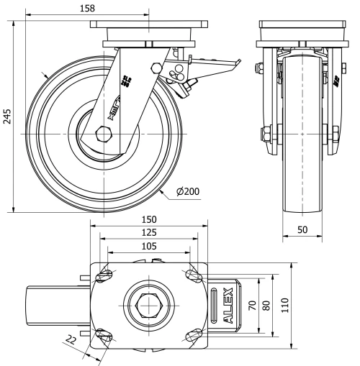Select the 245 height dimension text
pyautogui.click(x=8, y=117)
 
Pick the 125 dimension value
pyautogui.click(x=150, y=233)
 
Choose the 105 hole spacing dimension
pyautogui.click(x=150, y=247)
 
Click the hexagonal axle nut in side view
pyautogui.click(x=102, y=134)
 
